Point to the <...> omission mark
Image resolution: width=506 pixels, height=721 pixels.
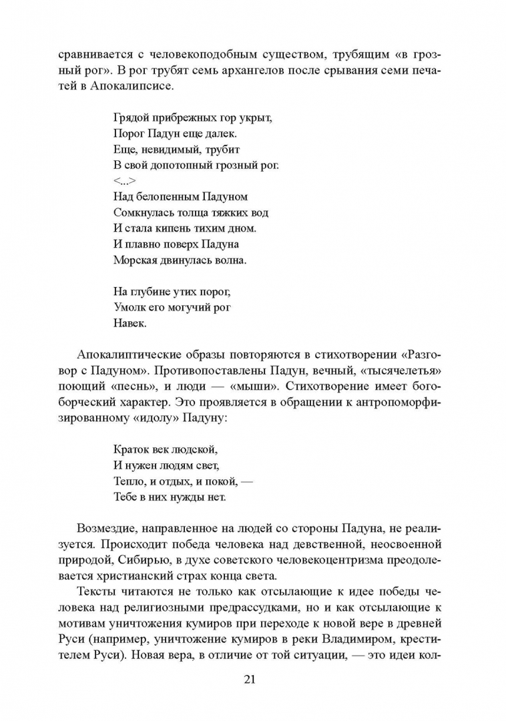[x=124, y=182]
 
